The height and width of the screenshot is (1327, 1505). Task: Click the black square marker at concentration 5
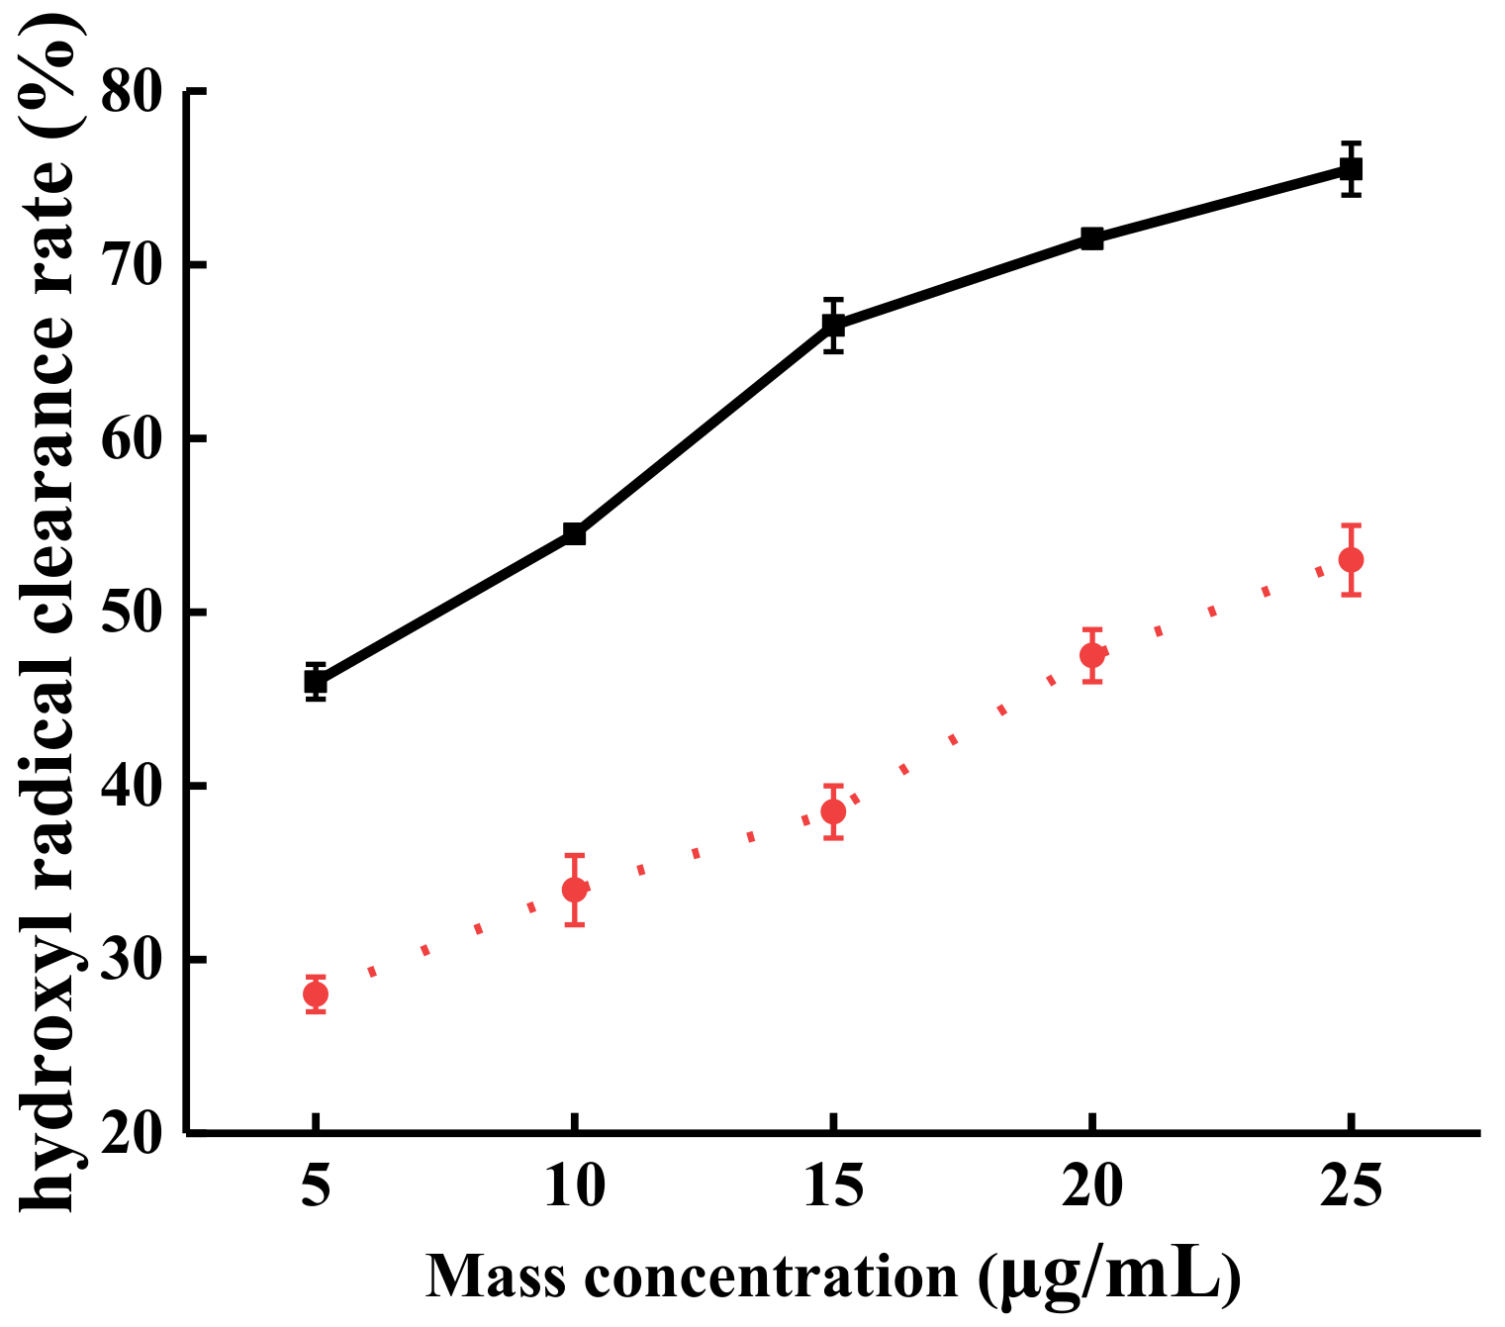pyautogui.click(x=316, y=682)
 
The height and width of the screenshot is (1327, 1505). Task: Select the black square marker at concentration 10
pyautogui.click(x=575, y=534)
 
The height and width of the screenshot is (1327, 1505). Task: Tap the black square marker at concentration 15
pyautogui.click(x=834, y=325)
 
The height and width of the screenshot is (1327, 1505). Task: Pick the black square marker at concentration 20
pyautogui.click(x=1092, y=238)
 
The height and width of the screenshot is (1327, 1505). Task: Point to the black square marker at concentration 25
pyautogui.click(x=1352, y=169)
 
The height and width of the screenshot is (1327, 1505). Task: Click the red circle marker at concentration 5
pyautogui.click(x=316, y=994)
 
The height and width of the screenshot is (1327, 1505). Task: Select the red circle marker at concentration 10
pyautogui.click(x=575, y=890)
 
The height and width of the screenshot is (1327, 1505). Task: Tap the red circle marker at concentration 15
pyautogui.click(x=834, y=811)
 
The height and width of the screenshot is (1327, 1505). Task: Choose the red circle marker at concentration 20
pyautogui.click(x=1092, y=655)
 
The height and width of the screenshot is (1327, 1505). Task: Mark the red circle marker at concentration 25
pyautogui.click(x=1352, y=560)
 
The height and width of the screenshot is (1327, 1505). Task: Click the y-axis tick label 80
pyautogui.click(x=132, y=92)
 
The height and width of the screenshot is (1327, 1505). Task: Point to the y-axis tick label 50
pyautogui.click(x=132, y=613)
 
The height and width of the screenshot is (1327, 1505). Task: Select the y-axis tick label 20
pyautogui.click(x=132, y=1133)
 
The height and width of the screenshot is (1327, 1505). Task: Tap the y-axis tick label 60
pyautogui.click(x=132, y=439)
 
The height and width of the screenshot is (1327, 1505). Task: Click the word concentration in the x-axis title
pyautogui.click(x=771, y=1277)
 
